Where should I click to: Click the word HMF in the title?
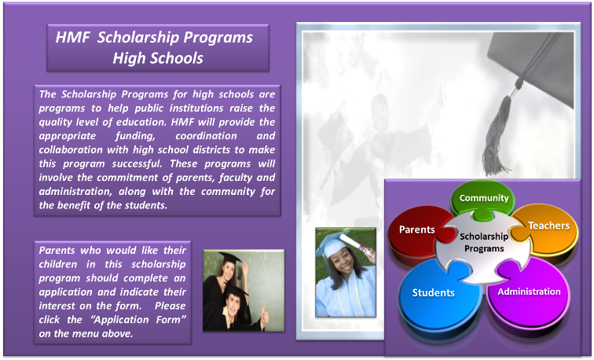point(73,37)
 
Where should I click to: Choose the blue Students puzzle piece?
point(435,296)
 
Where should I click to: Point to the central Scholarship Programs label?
point(484,243)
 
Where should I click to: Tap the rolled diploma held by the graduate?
point(355,244)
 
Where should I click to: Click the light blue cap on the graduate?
point(328,243)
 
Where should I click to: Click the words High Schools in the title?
point(158,58)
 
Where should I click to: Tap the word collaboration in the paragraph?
point(71,149)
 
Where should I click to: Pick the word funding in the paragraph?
point(135,136)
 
